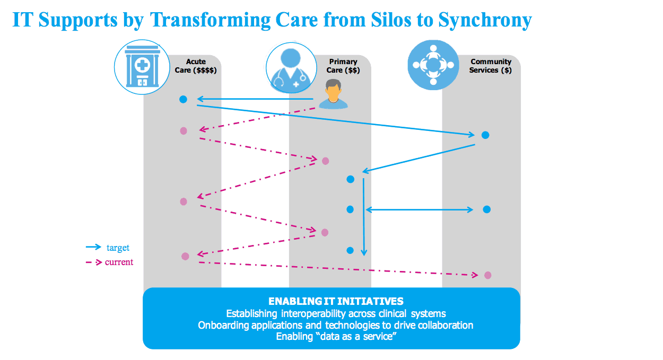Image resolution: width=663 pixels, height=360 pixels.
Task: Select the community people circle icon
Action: (x=433, y=65)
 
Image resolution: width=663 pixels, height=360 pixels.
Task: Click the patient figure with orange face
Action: (x=332, y=94)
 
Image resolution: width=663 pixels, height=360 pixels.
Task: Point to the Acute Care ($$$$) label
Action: (x=196, y=66)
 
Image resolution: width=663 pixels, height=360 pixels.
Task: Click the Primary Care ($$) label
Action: (x=343, y=66)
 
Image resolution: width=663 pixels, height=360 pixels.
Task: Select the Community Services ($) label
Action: (x=490, y=66)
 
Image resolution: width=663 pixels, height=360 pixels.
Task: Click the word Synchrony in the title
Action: (x=485, y=20)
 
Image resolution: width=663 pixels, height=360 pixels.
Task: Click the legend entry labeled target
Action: (x=118, y=248)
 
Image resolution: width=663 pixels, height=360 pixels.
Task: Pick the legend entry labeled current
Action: (x=119, y=262)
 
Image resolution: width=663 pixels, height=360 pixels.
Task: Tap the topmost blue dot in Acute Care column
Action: (x=183, y=99)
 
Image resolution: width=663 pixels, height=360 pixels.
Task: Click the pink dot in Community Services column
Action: (x=487, y=275)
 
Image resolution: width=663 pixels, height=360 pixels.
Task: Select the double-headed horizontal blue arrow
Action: (x=419, y=210)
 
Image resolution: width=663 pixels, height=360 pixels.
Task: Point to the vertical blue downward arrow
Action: (x=363, y=217)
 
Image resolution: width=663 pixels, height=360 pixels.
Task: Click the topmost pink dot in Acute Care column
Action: (x=184, y=130)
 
